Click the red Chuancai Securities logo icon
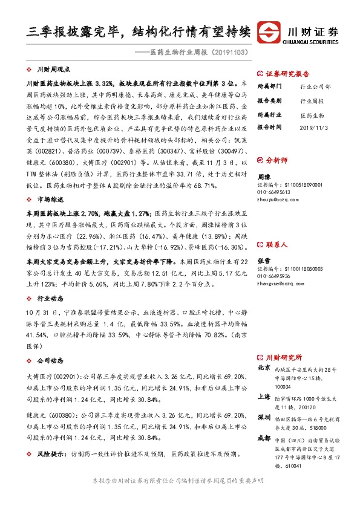269,31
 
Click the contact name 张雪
264,244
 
